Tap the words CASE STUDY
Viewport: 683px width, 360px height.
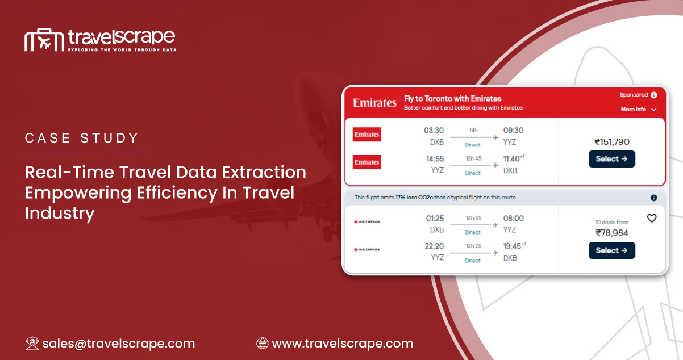82,138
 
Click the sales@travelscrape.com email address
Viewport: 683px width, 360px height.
118,344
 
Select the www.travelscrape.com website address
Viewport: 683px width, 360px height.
342,344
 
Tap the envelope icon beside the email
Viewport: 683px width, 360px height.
32,344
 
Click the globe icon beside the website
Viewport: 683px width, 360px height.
263,344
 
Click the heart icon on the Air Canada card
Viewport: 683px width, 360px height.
652,218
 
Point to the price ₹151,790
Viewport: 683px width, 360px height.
612,142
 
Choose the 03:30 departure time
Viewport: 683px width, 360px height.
434,131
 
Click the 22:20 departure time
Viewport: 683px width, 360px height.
434,246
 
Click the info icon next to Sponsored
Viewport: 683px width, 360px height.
654,95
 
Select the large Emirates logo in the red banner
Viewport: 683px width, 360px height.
374,103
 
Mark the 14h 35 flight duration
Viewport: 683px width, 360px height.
473,218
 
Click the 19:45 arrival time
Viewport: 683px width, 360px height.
514,246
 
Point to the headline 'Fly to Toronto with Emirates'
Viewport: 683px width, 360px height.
452,99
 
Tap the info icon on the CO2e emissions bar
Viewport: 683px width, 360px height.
653,198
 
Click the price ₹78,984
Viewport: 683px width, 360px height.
612,233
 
